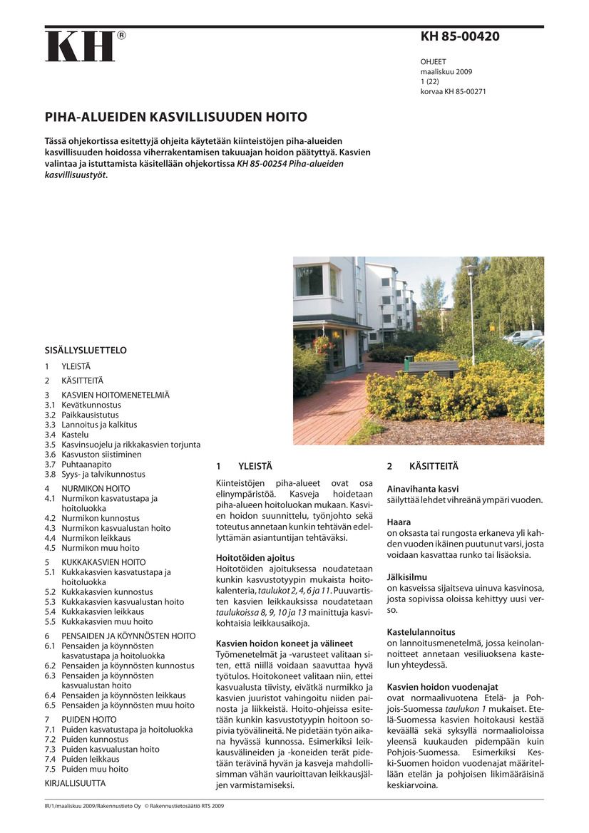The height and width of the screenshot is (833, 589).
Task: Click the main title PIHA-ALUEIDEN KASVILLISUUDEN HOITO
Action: pyautogui.click(x=176, y=117)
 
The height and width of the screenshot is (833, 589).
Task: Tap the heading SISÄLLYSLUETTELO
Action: pyautogui.click(x=86, y=351)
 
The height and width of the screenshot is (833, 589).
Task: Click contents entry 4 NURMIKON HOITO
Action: pyautogui.click(x=88, y=489)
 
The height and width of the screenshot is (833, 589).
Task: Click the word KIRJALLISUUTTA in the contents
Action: pyautogui.click(x=75, y=783)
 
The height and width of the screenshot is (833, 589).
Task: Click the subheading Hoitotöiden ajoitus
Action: pyautogui.click(x=255, y=558)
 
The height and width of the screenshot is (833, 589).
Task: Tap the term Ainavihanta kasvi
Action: pyautogui.click(x=422, y=489)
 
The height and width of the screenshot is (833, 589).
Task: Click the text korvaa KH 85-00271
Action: pyautogui.click(x=453, y=92)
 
